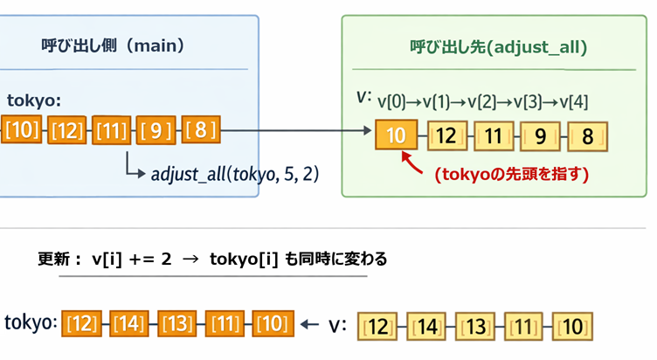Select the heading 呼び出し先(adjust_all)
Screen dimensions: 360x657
click(498, 45)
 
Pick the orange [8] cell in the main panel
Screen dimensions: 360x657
click(201, 132)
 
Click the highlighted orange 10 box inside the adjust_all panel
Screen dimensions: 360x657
click(395, 136)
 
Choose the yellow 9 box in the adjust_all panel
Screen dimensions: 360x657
click(540, 136)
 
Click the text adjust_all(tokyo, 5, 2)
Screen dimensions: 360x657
click(235, 174)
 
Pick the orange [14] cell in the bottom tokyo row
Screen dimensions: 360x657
click(130, 323)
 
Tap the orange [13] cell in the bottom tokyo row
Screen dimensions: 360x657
click(177, 323)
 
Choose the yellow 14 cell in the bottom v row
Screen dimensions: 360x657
click(425, 328)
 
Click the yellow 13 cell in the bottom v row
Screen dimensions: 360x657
click(474, 328)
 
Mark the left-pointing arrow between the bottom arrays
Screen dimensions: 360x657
click(308, 325)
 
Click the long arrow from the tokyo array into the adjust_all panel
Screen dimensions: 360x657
click(297, 133)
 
